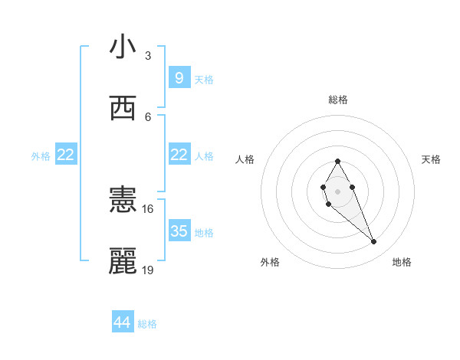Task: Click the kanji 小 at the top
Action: tap(123, 47)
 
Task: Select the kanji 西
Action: tap(123, 109)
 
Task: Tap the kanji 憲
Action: tap(123, 201)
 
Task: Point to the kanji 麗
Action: tap(123, 261)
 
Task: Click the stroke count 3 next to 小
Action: tap(148, 56)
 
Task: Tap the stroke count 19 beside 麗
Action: tap(148, 270)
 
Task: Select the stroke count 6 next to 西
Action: tap(148, 116)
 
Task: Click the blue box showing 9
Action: tap(179, 77)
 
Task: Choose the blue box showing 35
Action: tap(179, 231)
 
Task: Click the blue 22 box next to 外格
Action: tap(66, 155)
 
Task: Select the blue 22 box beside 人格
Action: tap(179, 155)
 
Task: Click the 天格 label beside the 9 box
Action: tap(204, 79)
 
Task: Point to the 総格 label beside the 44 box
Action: tap(147, 324)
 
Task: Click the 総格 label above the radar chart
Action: tap(338, 100)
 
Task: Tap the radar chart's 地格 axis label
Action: tap(402, 262)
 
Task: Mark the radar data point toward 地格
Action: tap(374, 242)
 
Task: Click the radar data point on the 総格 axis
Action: tap(337, 161)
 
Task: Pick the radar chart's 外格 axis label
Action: tap(270, 262)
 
